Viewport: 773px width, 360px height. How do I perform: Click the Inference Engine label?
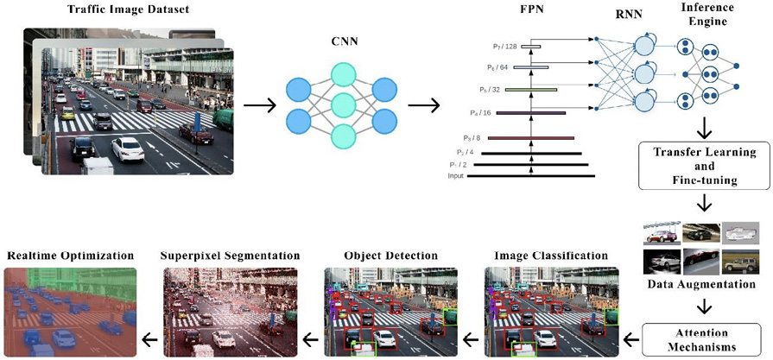(x=709, y=16)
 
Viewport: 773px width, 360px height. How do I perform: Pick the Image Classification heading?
(x=551, y=256)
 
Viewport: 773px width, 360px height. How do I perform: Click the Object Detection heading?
(x=390, y=256)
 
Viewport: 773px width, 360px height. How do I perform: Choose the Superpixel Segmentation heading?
(x=231, y=256)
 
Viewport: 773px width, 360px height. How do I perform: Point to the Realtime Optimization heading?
(x=71, y=256)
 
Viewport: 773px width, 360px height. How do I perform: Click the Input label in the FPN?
(x=455, y=176)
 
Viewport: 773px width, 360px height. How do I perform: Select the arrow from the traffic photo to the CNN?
(x=260, y=106)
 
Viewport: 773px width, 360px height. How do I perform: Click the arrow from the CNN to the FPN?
(x=421, y=107)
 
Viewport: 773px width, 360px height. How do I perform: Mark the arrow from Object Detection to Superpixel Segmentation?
(x=307, y=338)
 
